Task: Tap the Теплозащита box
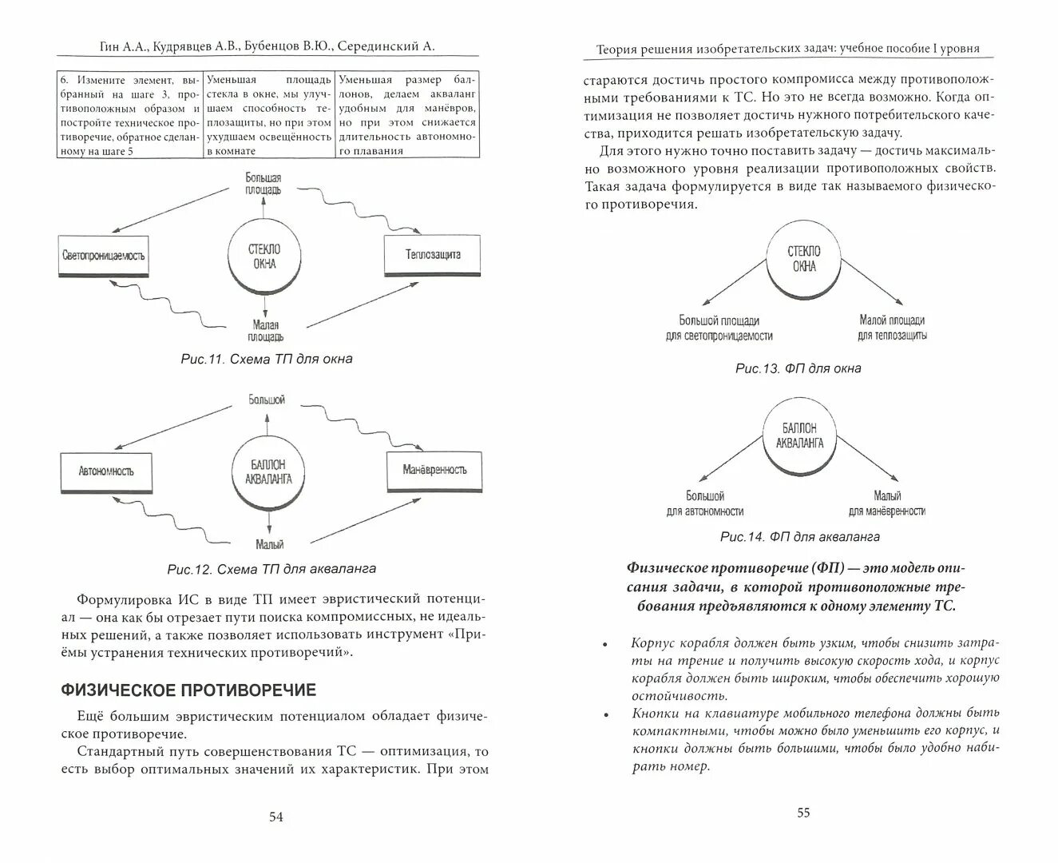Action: point(432,255)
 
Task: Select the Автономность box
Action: point(106,471)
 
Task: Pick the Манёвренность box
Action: point(434,469)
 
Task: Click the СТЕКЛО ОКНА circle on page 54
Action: point(265,257)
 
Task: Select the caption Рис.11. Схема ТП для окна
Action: point(267,360)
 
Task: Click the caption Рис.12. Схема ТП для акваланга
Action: point(271,570)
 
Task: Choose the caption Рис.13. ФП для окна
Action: point(798,369)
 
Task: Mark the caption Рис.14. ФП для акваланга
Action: point(799,537)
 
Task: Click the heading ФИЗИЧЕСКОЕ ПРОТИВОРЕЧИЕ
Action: point(189,690)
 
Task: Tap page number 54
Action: point(275,817)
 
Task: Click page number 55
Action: point(803,813)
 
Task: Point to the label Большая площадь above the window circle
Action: point(263,184)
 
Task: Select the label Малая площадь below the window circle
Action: point(266,331)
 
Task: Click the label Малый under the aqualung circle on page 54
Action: point(270,545)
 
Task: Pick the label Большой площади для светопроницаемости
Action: point(719,328)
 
